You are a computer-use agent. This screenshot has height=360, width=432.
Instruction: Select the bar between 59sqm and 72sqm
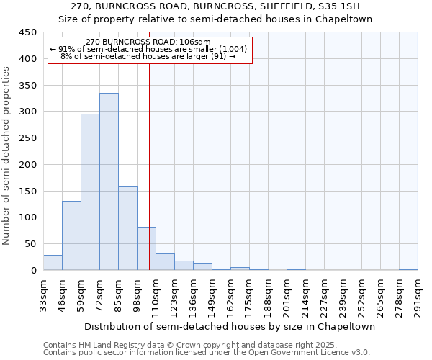pyautogui.click(x=90, y=192)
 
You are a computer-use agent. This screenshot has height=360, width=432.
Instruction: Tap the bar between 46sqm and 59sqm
pyautogui.click(x=71, y=235)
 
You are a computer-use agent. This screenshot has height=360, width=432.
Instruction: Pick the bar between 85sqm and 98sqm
pyautogui.click(x=127, y=228)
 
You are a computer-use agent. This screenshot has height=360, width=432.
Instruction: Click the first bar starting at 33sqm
pyautogui.click(x=53, y=263)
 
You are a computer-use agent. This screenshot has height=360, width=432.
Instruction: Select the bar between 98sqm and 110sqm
pyautogui.click(x=146, y=248)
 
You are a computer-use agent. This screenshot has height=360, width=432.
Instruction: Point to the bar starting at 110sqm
pyautogui.click(x=165, y=262)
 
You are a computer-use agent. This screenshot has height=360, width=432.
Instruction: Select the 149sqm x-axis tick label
pyautogui.click(x=212, y=296)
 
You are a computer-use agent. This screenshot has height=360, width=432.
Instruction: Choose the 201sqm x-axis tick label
pyautogui.click(x=287, y=296)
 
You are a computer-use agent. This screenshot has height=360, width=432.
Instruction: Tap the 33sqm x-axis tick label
pyautogui.click(x=43, y=296)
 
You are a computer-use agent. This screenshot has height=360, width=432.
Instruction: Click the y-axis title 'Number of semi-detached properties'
pyautogui.click(x=6, y=156)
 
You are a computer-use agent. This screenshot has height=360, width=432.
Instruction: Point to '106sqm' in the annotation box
pyautogui.click(x=196, y=42)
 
